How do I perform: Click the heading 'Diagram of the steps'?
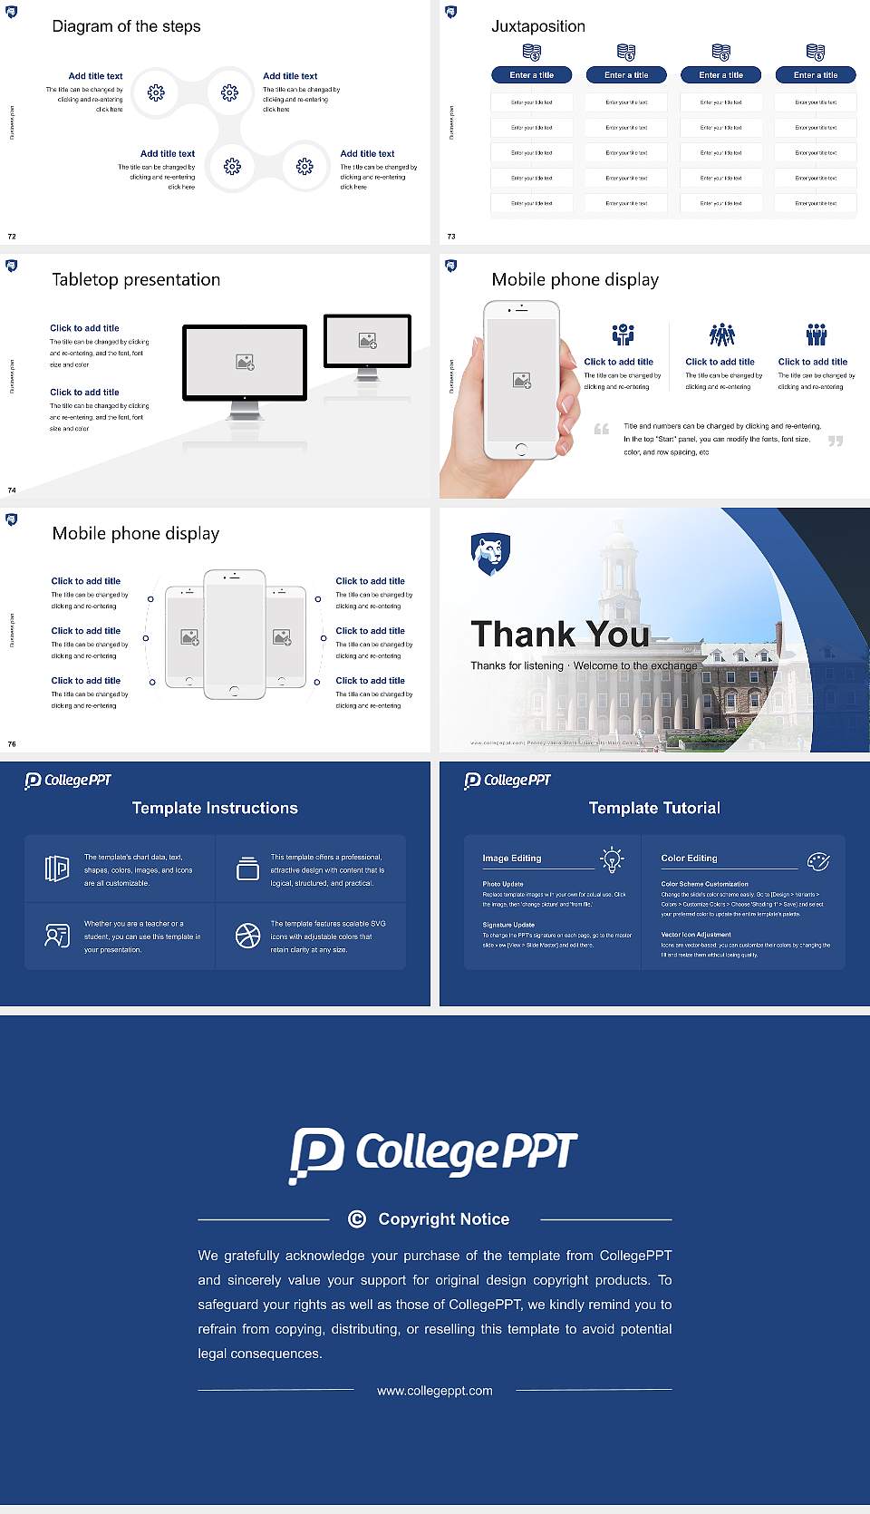(x=126, y=26)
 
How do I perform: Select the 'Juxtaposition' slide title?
(x=537, y=26)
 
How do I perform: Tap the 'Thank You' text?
(x=560, y=634)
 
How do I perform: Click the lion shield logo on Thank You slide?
(x=490, y=553)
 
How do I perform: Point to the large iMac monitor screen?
(x=245, y=362)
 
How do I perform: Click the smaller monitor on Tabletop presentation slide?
(x=367, y=341)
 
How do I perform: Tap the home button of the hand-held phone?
(x=520, y=449)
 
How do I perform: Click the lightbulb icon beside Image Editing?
(x=612, y=859)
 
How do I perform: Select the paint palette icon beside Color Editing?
(x=817, y=860)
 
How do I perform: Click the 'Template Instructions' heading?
(x=215, y=808)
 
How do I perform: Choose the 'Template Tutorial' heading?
(x=654, y=808)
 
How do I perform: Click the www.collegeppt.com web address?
(x=435, y=1391)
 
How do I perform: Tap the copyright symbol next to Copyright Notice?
(x=357, y=1219)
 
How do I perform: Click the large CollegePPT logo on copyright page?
(x=433, y=1154)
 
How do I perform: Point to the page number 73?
(x=451, y=237)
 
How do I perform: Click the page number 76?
(x=12, y=744)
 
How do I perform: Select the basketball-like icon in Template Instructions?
(x=247, y=936)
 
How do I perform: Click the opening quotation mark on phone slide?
(x=602, y=429)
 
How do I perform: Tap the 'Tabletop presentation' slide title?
(x=136, y=280)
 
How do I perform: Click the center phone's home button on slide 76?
(x=234, y=691)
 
